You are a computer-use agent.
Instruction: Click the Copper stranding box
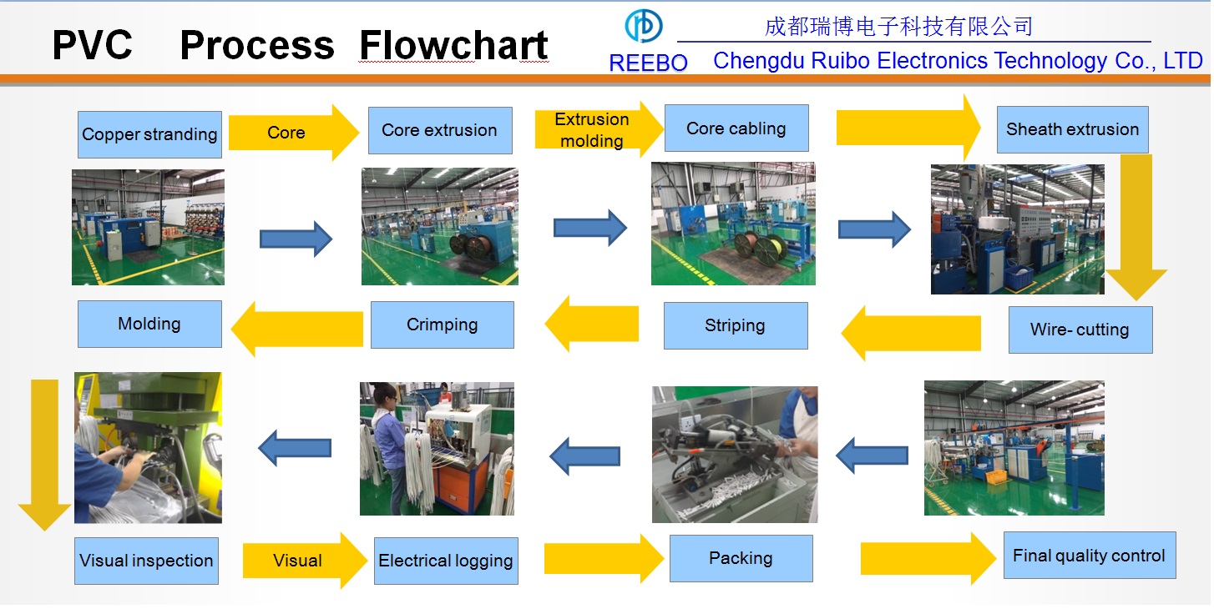point(149,134)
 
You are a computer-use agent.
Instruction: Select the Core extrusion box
point(440,130)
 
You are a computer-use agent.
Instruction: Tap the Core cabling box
point(736,128)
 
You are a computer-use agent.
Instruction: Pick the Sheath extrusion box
point(1073,129)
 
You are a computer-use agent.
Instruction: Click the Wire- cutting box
point(1080,330)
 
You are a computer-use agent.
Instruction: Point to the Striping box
point(736,325)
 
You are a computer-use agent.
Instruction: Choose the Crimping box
point(443,325)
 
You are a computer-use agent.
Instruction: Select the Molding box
point(149,324)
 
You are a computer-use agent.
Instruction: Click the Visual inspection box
point(146,561)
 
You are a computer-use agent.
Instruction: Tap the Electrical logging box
point(446,561)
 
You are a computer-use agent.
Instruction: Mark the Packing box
point(741,558)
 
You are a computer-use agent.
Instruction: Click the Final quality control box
point(1090,556)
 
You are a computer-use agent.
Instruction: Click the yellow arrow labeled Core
point(293,133)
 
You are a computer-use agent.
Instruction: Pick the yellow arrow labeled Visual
point(305,561)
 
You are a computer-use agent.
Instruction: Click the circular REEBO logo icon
point(643,26)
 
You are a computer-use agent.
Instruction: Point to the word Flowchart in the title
point(453,45)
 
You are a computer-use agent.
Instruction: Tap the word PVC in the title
point(92,44)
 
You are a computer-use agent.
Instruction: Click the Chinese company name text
point(898,26)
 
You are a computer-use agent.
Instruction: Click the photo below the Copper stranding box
point(148,228)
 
